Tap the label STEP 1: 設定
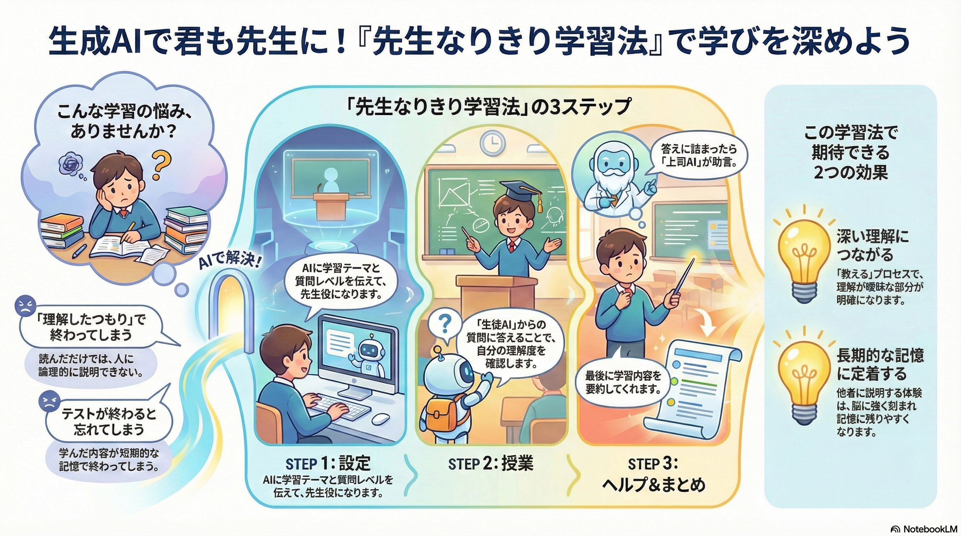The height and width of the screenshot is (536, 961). click(x=328, y=464)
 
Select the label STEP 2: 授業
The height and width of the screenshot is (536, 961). click(x=491, y=464)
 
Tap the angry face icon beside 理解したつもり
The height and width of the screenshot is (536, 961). click(x=25, y=306)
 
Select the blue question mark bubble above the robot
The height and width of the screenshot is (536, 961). click(x=444, y=326)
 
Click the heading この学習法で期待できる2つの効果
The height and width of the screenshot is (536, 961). click(x=850, y=153)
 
